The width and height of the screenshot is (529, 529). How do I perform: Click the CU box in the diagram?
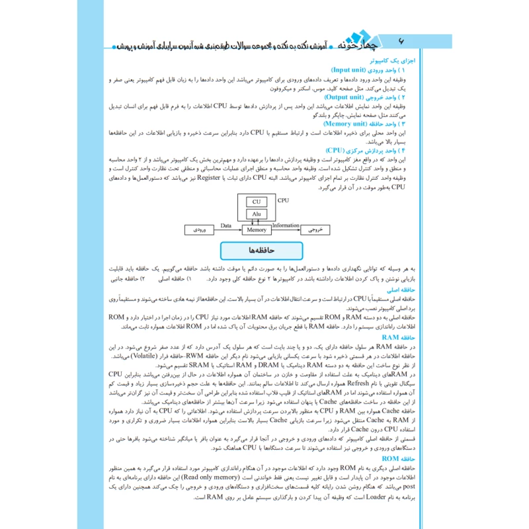tap(256, 202)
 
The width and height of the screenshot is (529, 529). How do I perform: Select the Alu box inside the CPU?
tap(256, 214)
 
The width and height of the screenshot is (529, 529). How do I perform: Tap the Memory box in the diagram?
tap(256, 229)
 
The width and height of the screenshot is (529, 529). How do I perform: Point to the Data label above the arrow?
tap(226, 225)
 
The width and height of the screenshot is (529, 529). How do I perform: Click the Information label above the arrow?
tap(286, 225)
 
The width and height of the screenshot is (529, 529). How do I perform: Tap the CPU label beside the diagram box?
tap(283, 199)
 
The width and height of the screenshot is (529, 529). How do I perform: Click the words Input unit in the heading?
tap(354, 69)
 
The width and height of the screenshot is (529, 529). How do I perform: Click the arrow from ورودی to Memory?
tap(226, 230)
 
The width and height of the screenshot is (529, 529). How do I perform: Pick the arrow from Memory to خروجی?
tap(285, 230)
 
